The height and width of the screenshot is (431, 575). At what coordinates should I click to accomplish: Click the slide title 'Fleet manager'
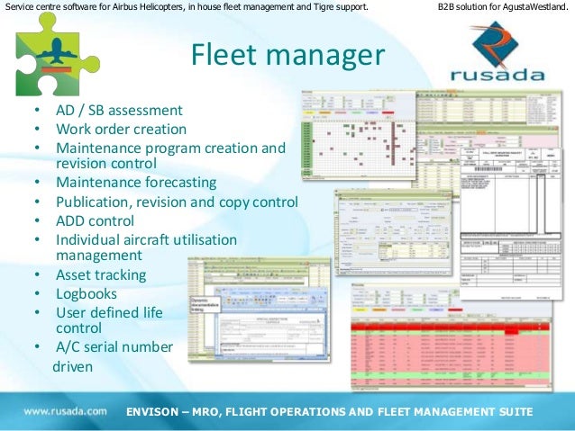(x=287, y=57)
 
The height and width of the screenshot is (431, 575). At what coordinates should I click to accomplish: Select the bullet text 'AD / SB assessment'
(x=119, y=111)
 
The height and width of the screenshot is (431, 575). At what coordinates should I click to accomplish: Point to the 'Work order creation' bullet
(x=121, y=129)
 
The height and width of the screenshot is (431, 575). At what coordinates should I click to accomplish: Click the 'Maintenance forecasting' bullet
(x=136, y=182)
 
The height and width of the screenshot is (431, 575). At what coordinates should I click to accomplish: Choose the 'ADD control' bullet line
(x=95, y=220)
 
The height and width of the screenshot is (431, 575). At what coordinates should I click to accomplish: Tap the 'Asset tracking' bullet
(x=100, y=274)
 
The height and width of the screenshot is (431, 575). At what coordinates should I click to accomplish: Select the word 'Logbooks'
(x=87, y=293)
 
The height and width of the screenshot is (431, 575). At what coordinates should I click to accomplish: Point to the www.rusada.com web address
(x=65, y=411)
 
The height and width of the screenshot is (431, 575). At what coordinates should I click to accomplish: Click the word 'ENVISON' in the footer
(x=158, y=412)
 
